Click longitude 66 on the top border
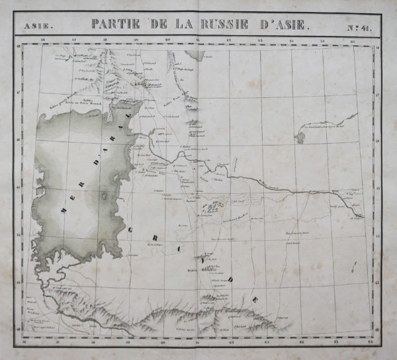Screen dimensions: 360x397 (353, 40)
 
